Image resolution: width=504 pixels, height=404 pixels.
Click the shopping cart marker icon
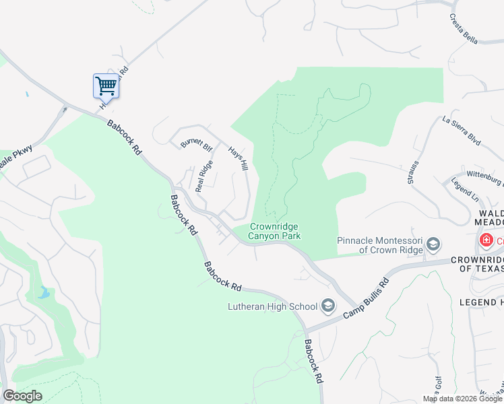click(x=106, y=86)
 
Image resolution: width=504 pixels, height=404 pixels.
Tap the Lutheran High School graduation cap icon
click(x=327, y=306)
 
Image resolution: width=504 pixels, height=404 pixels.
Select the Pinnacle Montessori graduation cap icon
click(x=433, y=243)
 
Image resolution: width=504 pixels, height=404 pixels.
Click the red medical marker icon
click(x=485, y=240)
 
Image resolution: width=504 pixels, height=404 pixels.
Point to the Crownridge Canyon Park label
click(x=275, y=232)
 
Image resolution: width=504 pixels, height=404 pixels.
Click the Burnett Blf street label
click(x=196, y=143)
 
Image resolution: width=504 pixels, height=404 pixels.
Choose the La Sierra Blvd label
click(x=461, y=131)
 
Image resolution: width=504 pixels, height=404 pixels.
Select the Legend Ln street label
click(x=464, y=189)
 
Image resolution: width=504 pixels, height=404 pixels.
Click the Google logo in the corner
click(x=22, y=395)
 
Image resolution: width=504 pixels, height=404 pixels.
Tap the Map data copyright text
click(x=462, y=399)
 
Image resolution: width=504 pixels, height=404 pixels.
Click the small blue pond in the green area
click(x=44, y=292)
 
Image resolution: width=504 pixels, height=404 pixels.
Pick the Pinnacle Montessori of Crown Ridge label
click(x=379, y=245)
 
